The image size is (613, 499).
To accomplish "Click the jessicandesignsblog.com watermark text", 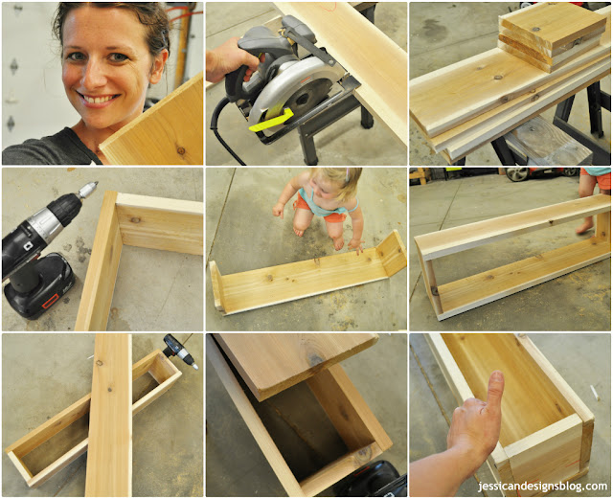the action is point(542,487).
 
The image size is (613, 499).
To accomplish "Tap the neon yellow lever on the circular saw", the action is point(271,121).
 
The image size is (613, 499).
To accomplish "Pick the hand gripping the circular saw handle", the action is point(229,59).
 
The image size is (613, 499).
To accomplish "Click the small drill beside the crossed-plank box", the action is point(181,352).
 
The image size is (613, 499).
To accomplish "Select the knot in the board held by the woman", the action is point(180,150).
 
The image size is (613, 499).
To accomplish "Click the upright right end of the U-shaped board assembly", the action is point(392,254).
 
